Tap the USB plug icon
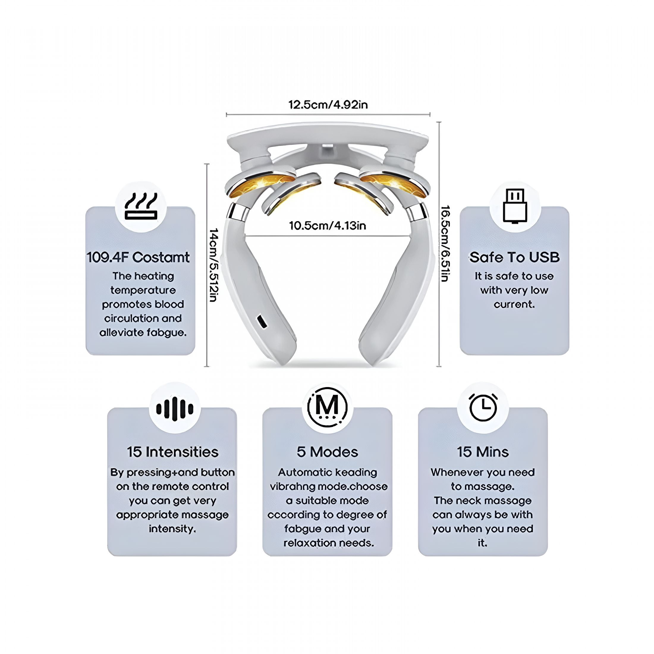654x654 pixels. [x=515, y=206]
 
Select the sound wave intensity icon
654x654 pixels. [x=175, y=409]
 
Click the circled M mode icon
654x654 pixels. [x=327, y=407]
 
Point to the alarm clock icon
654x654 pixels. [x=483, y=407]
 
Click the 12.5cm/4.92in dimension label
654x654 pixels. [x=328, y=105]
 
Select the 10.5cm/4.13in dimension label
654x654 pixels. [x=327, y=225]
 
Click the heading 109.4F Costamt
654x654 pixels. [x=138, y=257]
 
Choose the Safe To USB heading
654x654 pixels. [x=515, y=257]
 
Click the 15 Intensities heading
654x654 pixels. [x=173, y=452]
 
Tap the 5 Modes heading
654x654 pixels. [x=327, y=452]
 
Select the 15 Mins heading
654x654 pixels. [x=483, y=452]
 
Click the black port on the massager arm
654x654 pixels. [x=262, y=322]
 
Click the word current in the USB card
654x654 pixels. [x=514, y=304]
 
